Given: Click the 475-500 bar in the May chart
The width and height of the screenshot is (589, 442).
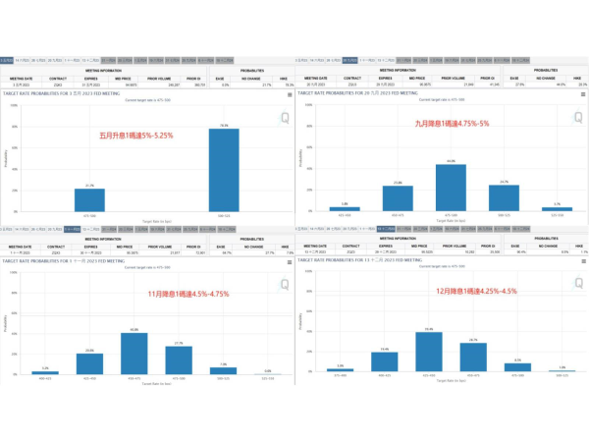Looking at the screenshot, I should (89, 198).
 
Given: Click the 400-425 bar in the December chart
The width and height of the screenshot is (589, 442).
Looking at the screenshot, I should (385, 362).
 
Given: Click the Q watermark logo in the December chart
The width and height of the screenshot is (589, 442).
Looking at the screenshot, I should (571, 285).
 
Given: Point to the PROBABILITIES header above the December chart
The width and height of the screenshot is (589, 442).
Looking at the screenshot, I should (546, 238).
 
